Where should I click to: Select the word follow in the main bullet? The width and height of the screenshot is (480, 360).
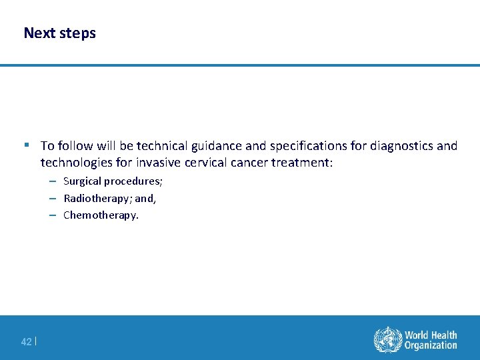point(76,145)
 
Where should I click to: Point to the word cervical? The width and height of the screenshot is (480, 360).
point(204,163)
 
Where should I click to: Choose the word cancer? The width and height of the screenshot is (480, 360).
point(248,163)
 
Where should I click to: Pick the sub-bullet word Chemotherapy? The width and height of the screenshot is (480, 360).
point(100,215)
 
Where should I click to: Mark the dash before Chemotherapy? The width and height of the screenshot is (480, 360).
point(52,215)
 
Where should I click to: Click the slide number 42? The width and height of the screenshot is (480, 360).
point(26,342)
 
